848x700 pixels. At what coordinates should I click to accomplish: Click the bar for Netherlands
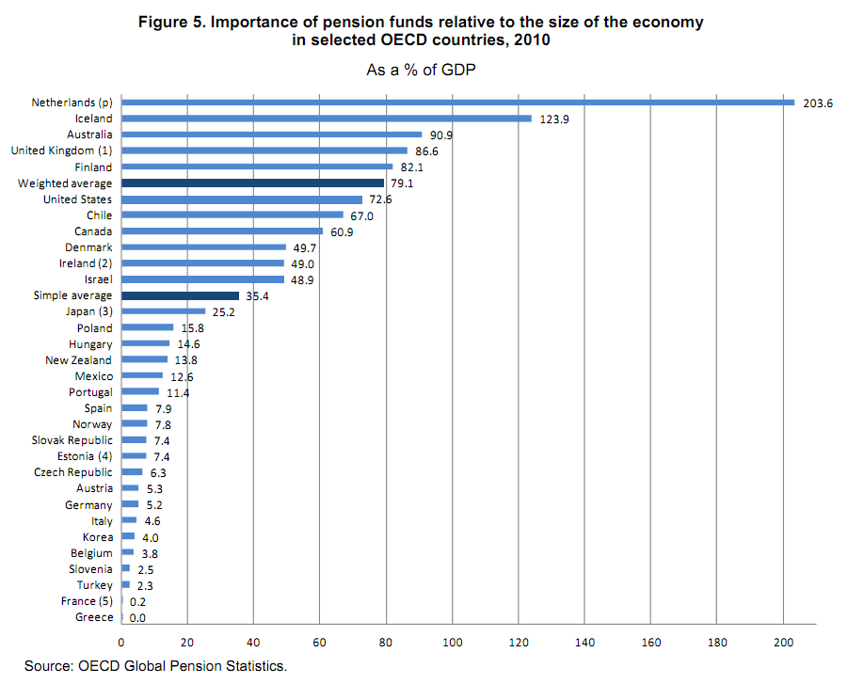pos(457,103)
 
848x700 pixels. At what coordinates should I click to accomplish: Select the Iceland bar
pos(327,119)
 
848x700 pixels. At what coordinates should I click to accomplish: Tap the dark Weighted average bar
pos(252,183)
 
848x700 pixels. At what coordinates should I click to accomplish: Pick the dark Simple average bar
pos(180,295)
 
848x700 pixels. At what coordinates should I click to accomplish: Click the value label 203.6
pos(818,103)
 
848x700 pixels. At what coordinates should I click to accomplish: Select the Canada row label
pos(93,231)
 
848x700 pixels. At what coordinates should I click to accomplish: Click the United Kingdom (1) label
pos(61,151)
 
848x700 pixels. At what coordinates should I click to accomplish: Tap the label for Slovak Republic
pos(72,440)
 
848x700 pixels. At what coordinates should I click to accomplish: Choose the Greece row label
pos(93,617)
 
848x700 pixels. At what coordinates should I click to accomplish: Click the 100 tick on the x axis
pos(452,643)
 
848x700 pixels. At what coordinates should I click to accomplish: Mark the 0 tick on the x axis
pos(121,643)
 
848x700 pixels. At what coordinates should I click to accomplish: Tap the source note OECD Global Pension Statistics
pos(181,666)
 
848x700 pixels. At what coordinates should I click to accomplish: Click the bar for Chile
pos(232,215)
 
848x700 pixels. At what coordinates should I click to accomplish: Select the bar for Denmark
pos(203,247)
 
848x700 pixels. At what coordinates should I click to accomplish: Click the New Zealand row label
pos(78,360)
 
